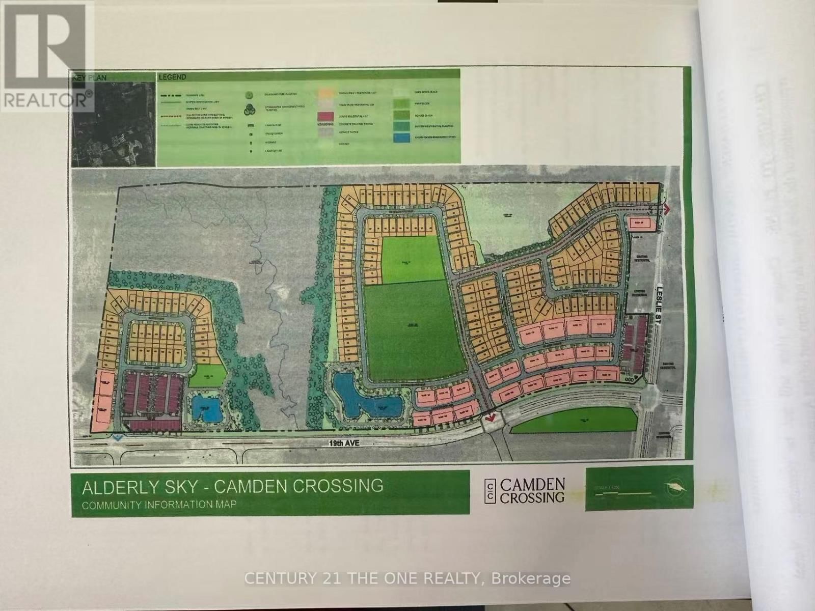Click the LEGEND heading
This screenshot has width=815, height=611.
point(172,77)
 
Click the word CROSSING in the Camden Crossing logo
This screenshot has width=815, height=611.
point(532,497)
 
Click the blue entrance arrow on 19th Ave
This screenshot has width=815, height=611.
point(118,437)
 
